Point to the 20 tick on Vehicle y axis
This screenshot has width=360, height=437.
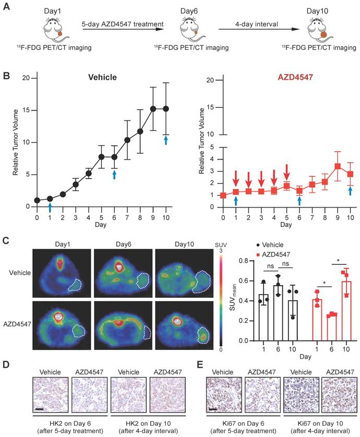coord(24,78)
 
